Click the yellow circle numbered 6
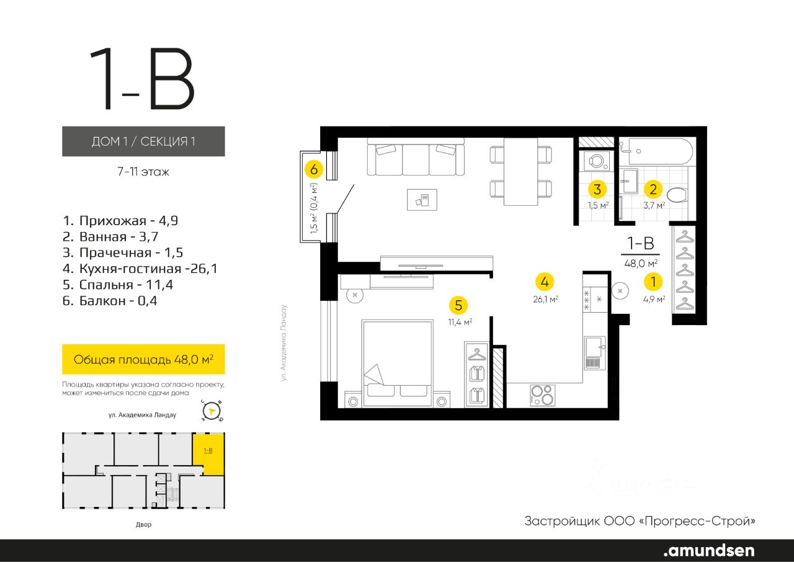point(314,169)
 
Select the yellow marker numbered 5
point(458,305)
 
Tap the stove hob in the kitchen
point(542,395)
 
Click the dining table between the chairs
point(521,171)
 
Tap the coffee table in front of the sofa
point(422,199)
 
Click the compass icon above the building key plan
point(212,411)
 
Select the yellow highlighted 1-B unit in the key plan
point(208,453)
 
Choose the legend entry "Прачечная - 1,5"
point(123,252)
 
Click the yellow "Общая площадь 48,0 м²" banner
point(143,359)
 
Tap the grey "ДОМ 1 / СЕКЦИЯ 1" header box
point(143,141)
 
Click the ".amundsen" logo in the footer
point(708,550)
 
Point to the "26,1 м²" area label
point(545,299)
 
